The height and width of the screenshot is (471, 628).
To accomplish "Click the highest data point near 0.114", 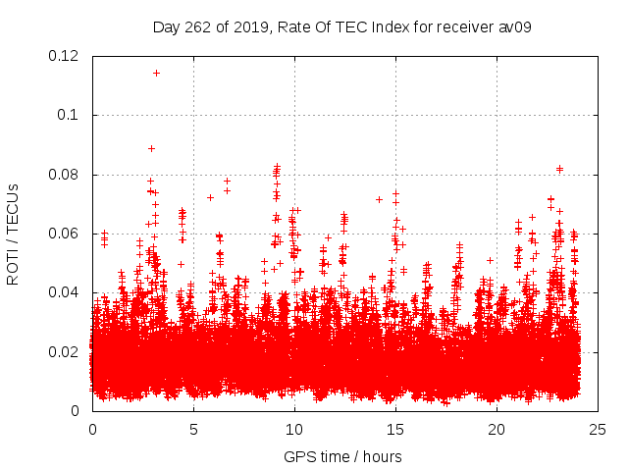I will [156, 73].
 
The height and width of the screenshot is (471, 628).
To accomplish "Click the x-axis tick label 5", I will [193, 430].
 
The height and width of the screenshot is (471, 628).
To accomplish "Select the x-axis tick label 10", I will [294, 430].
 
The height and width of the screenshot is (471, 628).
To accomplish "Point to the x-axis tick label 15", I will [395, 430].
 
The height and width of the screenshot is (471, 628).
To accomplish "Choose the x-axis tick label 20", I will [497, 430].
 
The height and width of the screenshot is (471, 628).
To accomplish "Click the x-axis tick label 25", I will [598, 430].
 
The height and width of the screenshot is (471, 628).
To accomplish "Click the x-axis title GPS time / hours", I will [342, 456].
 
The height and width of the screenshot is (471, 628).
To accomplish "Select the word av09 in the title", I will [514, 26].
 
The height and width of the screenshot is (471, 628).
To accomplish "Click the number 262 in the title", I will [200, 26].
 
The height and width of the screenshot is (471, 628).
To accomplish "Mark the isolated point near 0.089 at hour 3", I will [151, 148].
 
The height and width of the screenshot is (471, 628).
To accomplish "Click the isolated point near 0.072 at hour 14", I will [379, 199].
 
